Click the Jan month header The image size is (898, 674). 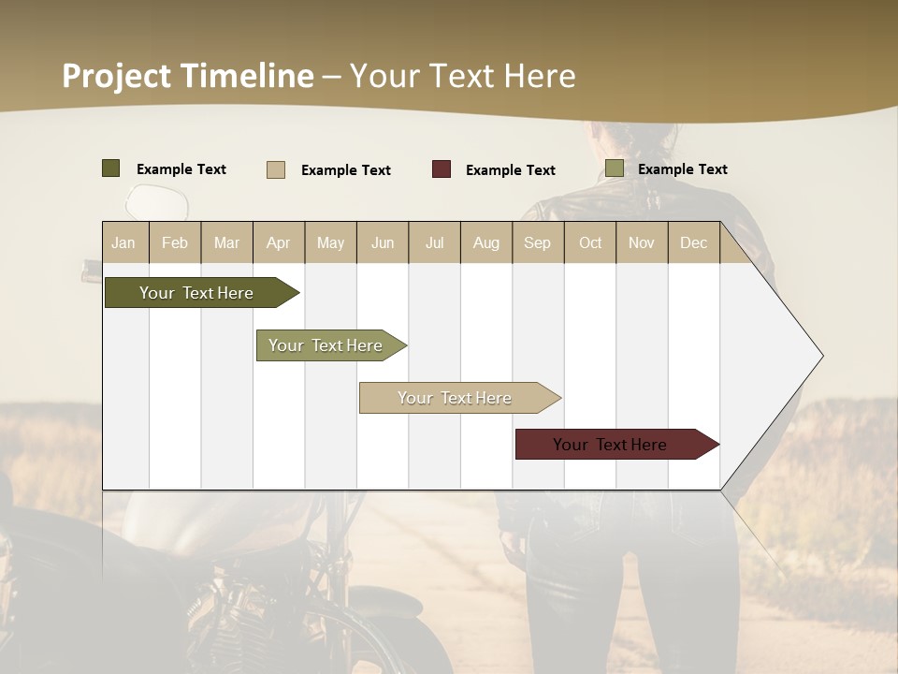pos(123,243)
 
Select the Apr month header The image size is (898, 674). pos(278,243)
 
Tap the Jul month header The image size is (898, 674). pos(434,243)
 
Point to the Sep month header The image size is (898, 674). pos(537,243)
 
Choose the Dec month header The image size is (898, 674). pos(693,243)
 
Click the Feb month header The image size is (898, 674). pos(175,243)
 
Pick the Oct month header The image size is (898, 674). pos(590,243)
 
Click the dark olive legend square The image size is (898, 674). pos(110,168)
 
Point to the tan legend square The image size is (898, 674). pos(275,169)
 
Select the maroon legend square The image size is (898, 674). pos(441,169)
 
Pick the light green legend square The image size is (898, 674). pos(614,168)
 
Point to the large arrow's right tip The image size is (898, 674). pos(821,356)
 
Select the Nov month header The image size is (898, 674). pos(642,243)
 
